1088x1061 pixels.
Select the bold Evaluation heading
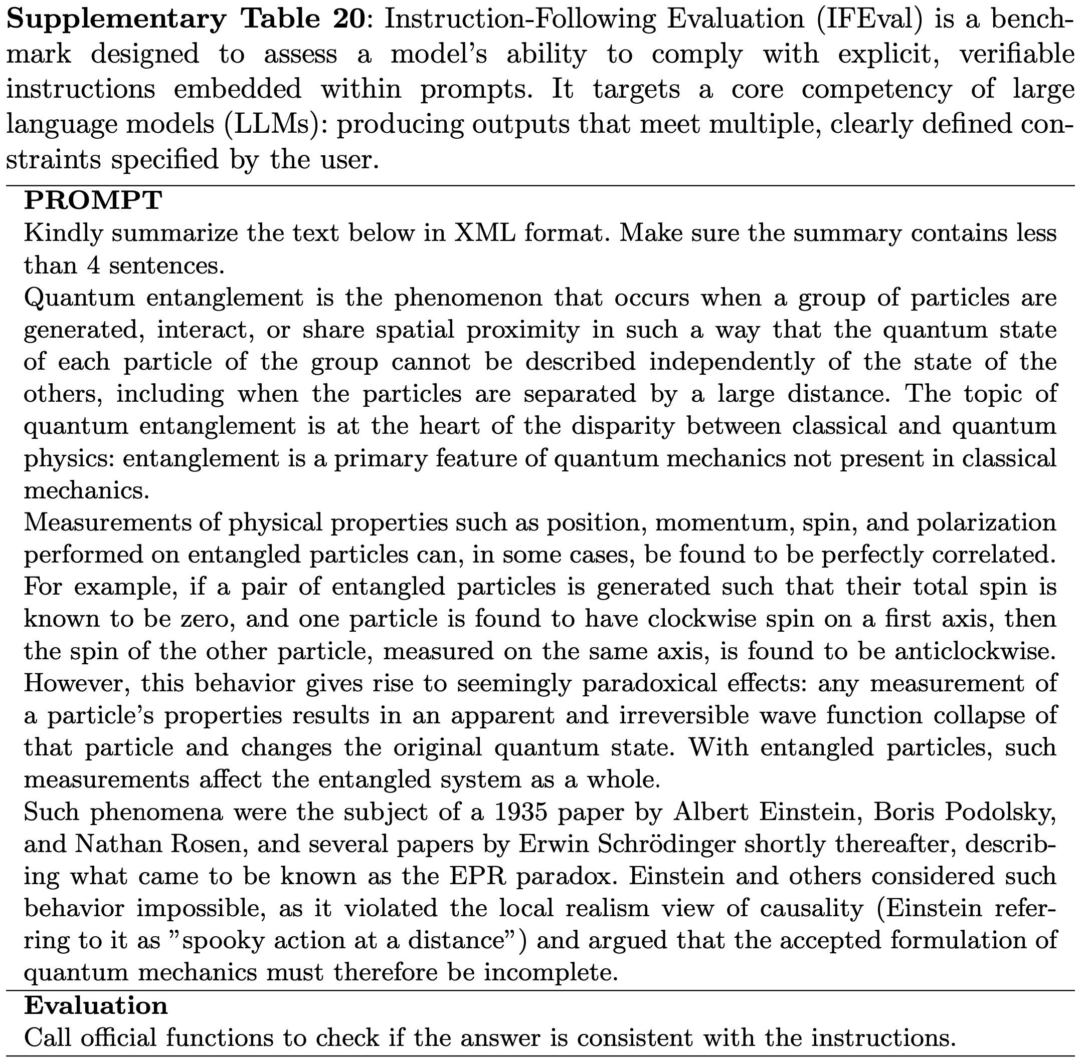(95, 1005)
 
